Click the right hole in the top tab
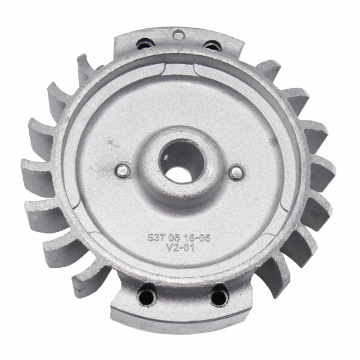pos(212,46)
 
